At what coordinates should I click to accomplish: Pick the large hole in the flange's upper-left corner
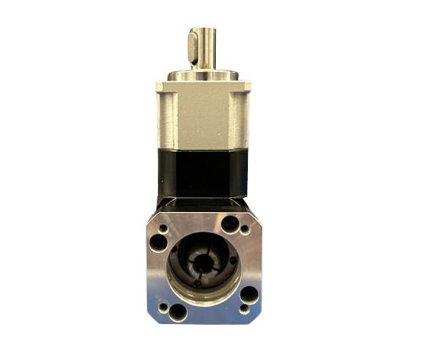coord(159,243)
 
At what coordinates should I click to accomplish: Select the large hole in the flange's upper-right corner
coord(229,225)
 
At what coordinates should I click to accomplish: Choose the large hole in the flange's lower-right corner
coord(249,294)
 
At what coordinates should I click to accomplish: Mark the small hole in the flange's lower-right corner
coord(243,309)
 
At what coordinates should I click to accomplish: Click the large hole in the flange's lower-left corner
coord(178,311)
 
